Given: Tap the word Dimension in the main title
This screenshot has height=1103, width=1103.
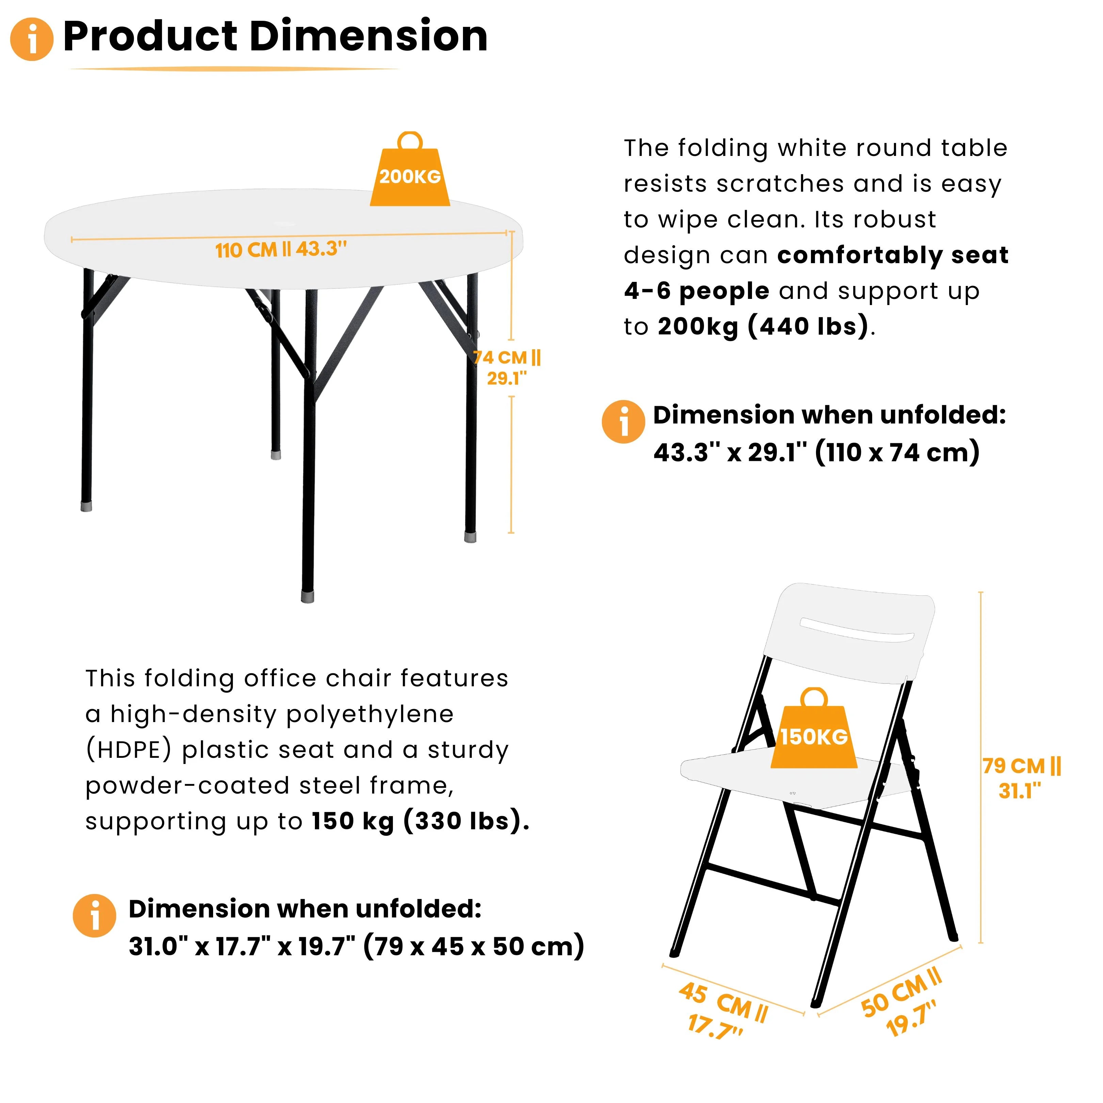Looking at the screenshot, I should click(368, 36).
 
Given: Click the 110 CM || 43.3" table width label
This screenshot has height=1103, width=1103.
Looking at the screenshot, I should click(281, 250).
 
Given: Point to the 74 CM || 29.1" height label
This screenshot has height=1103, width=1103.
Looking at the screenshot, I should click(507, 368).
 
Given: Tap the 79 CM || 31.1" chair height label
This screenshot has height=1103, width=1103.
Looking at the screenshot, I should click(1021, 778).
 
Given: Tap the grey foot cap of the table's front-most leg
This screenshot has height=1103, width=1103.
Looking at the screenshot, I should click(307, 596).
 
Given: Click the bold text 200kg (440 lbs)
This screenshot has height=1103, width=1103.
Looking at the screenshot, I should click(763, 326).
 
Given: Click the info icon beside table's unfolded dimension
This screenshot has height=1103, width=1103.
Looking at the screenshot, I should click(623, 422).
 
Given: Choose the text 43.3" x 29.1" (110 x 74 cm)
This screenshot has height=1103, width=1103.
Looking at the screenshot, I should click(816, 452).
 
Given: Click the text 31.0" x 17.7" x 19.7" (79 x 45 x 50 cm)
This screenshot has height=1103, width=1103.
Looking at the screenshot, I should click(356, 946).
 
